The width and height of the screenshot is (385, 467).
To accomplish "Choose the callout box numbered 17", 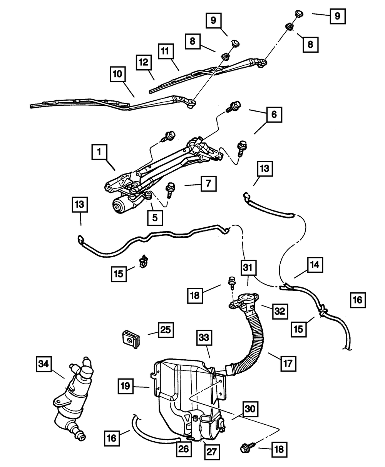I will [x=289, y=362].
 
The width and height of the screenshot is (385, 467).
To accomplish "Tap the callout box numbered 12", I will [x=143, y=62].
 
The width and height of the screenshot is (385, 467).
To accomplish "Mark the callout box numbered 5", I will [x=154, y=217].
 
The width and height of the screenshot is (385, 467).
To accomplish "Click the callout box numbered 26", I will [x=183, y=449].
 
